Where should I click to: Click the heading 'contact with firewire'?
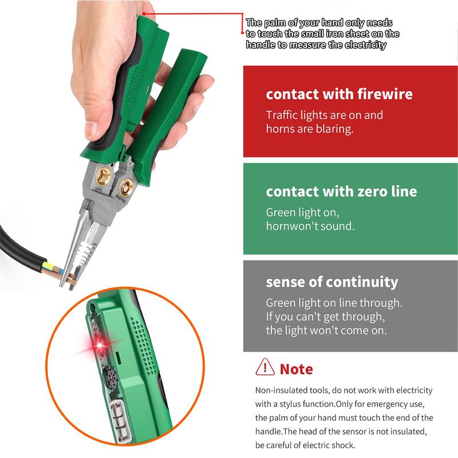339,94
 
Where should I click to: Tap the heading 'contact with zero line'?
341,191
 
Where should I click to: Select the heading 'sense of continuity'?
331,282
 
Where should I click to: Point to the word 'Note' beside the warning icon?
296,368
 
